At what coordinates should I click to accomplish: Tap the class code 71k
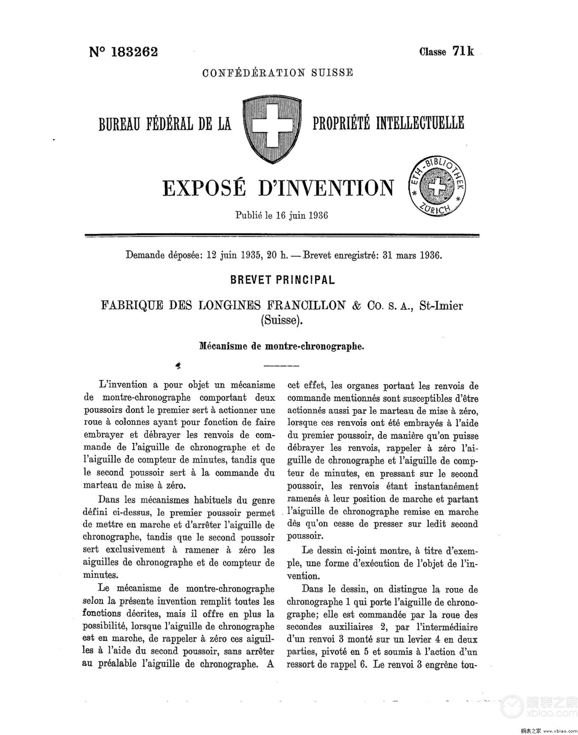(x=463, y=51)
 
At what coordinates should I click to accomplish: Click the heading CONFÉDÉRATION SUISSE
(x=277, y=73)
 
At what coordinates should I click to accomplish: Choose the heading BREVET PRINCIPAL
(x=282, y=280)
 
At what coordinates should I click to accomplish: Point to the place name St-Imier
(x=441, y=306)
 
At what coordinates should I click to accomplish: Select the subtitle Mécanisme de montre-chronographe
(x=282, y=346)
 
